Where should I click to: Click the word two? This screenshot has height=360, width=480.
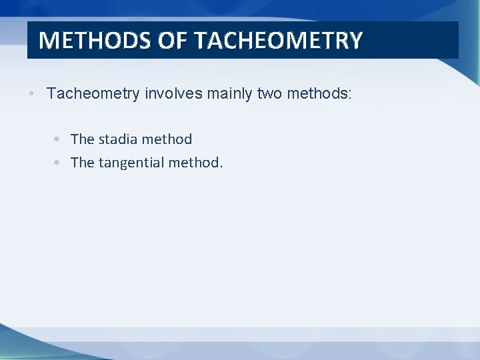pos(269,94)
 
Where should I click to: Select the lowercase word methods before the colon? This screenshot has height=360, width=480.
pos(315,94)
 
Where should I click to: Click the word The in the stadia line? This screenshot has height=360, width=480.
pos(83,139)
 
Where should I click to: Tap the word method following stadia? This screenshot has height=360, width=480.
pos(168,139)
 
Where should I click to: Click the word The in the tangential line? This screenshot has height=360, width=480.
pos(83,162)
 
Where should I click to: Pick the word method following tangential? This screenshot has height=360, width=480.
pos(196,162)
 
